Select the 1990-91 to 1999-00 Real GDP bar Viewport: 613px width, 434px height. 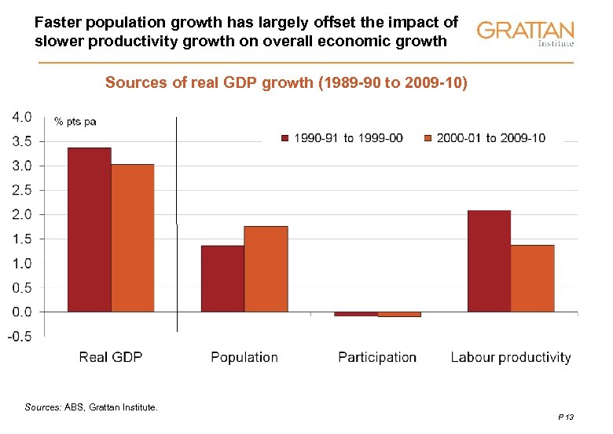pos(89,229)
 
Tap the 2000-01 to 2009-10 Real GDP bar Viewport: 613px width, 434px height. pos(132,237)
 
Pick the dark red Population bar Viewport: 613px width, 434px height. pos(222,279)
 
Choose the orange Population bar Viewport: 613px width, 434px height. pos(266,268)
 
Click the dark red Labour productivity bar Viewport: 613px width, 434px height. pos(489,261)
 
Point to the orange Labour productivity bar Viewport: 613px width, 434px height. pos(532,278)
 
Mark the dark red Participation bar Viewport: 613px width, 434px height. pos(355,314)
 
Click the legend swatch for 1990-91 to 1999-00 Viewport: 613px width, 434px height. pos(286,138)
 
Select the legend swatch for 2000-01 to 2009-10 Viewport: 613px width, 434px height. pos(428,138)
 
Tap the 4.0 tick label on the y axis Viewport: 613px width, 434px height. pos(22,117)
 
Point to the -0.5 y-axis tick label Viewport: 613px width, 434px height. pos(20,337)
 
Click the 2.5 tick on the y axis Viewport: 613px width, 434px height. pos(22,190)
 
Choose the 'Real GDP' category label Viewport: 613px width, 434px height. pos(111,357)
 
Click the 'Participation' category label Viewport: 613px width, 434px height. pos(377,357)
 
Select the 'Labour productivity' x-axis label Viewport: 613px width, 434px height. pos(511,357)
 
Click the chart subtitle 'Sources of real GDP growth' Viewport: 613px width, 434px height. pos(286,82)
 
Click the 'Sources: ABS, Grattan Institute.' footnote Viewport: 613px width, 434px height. pos(91,407)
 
